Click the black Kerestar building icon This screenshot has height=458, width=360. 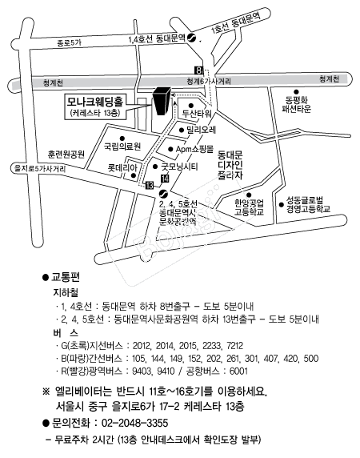pyautogui.click(x=162, y=101)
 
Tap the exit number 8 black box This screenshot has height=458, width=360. pyautogui.click(x=198, y=70)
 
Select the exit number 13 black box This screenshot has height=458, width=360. pyautogui.click(x=150, y=185)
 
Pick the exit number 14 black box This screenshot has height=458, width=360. pyautogui.click(x=165, y=179)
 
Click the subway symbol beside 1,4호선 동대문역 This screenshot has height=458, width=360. pyautogui.click(x=191, y=38)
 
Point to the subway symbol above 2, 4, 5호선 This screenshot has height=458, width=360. pyautogui.click(x=163, y=193)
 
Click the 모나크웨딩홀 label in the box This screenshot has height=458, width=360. pyautogui.click(x=95, y=101)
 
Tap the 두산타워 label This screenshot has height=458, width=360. pyautogui.click(x=197, y=114)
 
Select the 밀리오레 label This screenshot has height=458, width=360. pyautogui.click(x=202, y=130)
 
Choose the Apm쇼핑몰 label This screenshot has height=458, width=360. pyautogui.click(x=194, y=149)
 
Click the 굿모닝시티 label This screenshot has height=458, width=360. pyautogui.click(x=180, y=167)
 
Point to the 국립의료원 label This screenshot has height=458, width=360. pyautogui.click(x=122, y=146)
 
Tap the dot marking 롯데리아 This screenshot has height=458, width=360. pyautogui.click(x=134, y=175)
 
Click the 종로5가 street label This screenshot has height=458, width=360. pyautogui.click(x=69, y=43)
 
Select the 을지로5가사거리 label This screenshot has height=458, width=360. pyautogui.click(x=40, y=169)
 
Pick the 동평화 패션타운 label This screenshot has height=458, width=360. pyautogui.click(x=296, y=104)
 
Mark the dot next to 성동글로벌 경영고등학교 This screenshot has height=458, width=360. pyautogui.click(x=282, y=205)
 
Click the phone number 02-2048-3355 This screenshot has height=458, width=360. pyautogui.click(x=134, y=423)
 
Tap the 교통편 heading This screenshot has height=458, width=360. pyautogui.click(x=66, y=277)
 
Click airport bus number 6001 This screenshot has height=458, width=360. pyautogui.click(x=238, y=371)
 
